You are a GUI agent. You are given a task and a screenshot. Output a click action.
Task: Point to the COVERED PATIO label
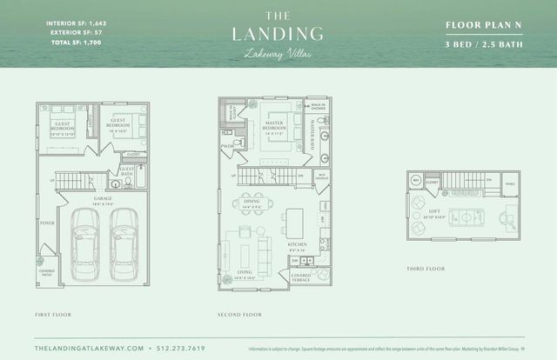[x=47, y=273]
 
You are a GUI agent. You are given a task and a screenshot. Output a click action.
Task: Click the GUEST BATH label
[x=127, y=172]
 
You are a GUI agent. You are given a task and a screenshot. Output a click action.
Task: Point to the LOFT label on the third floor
[x=433, y=211]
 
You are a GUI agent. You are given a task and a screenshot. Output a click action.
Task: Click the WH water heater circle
[x=415, y=181]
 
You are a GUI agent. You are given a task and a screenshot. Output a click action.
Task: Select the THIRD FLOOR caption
[x=426, y=269]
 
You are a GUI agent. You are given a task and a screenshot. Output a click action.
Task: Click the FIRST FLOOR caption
[x=54, y=313]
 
